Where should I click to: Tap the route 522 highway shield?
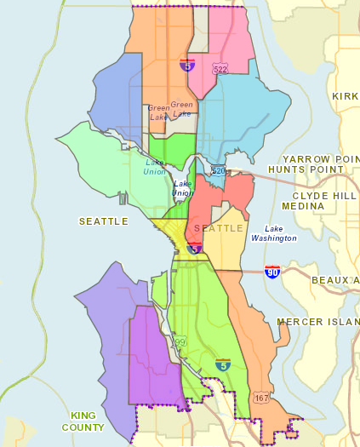pos(220,67)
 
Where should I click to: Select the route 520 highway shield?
pos(219,171)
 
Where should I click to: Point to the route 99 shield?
pos(180,341)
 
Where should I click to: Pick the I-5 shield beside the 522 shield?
pos(186,64)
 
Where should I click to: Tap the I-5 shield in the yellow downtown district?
pos(194,248)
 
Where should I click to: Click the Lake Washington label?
pos(280,233)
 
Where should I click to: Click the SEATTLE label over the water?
pos(103,221)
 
